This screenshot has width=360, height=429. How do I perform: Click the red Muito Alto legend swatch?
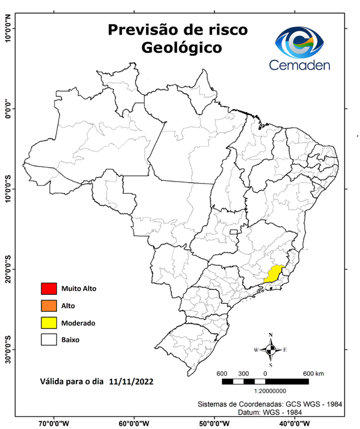[49, 289]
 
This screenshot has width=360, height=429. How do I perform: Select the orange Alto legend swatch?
[49, 306]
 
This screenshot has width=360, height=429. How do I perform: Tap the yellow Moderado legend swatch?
[49, 322]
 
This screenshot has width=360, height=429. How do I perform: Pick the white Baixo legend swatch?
[49, 339]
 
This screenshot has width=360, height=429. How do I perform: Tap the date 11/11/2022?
[132, 382]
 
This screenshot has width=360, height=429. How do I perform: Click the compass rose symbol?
[271, 350]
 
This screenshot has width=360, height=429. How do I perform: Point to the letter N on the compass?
[271, 335]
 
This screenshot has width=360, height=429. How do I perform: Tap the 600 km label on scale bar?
[313, 373]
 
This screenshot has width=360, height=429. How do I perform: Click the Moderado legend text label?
[78, 323]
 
